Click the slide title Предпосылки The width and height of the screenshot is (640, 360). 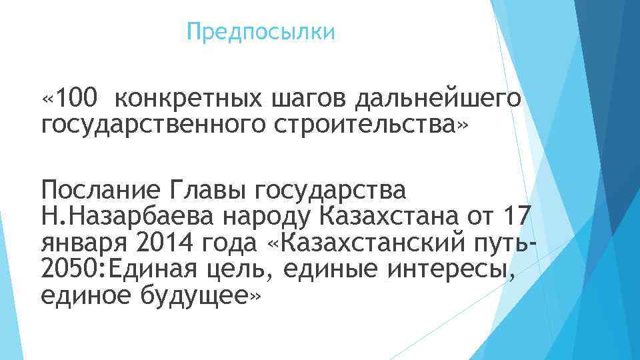(261, 31)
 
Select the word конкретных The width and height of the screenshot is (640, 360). (187, 99)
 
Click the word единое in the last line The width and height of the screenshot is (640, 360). (87, 294)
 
